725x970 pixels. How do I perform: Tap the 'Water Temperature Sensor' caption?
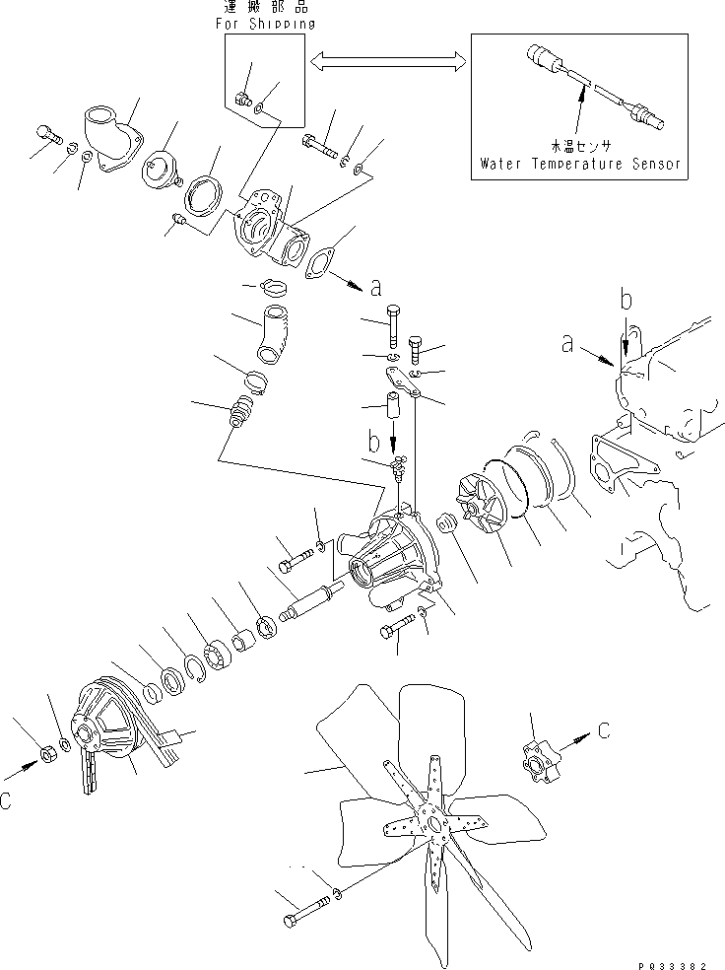(x=580, y=164)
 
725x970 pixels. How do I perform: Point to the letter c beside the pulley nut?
(x=9, y=801)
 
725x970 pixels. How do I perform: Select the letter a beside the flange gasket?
(x=375, y=289)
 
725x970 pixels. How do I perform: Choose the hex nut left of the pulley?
(x=44, y=756)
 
